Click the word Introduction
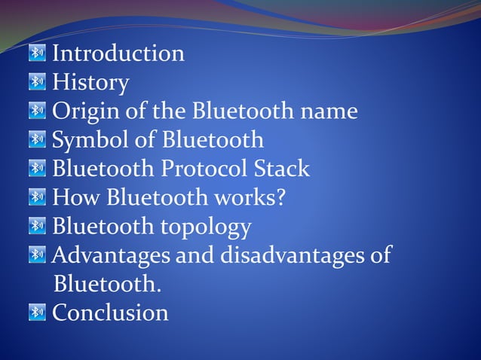(118, 53)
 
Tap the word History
(90, 82)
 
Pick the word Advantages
(112, 255)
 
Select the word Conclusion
(110, 312)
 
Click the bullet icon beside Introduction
(37, 53)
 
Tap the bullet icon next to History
(37, 82)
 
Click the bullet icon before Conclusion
(37, 312)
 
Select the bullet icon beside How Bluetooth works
(37, 197)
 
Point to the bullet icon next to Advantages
(37, 255)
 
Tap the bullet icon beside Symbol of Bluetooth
(37, 140)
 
